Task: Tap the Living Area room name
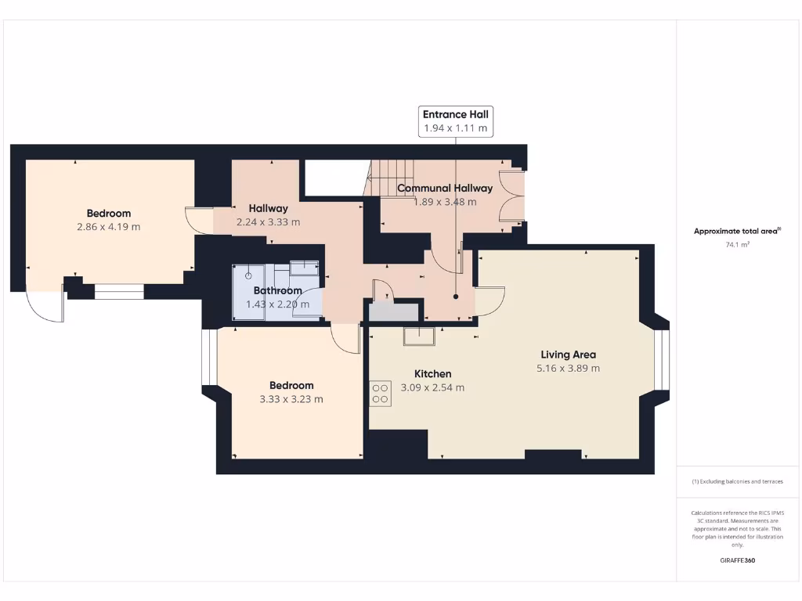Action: click(568, 354)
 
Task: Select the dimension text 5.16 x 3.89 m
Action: click(568, 368)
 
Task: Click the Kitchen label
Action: click(432, 374)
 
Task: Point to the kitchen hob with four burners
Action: click(381, 393)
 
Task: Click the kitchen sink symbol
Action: click(420, 336)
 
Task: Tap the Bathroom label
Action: click(277, 290)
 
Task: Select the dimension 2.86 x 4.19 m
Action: click(109, 227)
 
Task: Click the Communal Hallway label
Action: click(445, 188)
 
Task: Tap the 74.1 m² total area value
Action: click(737, 245)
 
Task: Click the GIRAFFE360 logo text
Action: click(737, 560)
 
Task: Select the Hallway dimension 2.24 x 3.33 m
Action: click(268, 222)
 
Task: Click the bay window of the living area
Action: click(659, 360)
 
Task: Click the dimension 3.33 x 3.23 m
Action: click(291, 399)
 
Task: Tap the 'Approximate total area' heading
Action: click(735, 231)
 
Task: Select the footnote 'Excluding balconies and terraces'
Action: click(737, 481)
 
